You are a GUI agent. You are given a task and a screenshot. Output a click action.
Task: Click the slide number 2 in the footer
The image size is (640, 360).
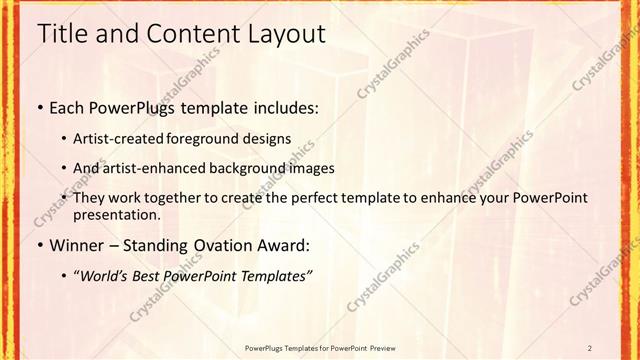pos(590,347)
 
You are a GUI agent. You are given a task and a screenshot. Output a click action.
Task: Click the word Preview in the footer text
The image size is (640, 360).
pos(382,347)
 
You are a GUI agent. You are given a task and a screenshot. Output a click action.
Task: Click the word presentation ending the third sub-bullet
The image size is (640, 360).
pos(118,214)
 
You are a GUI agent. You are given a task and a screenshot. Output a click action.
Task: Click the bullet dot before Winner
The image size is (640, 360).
pos(39,244)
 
